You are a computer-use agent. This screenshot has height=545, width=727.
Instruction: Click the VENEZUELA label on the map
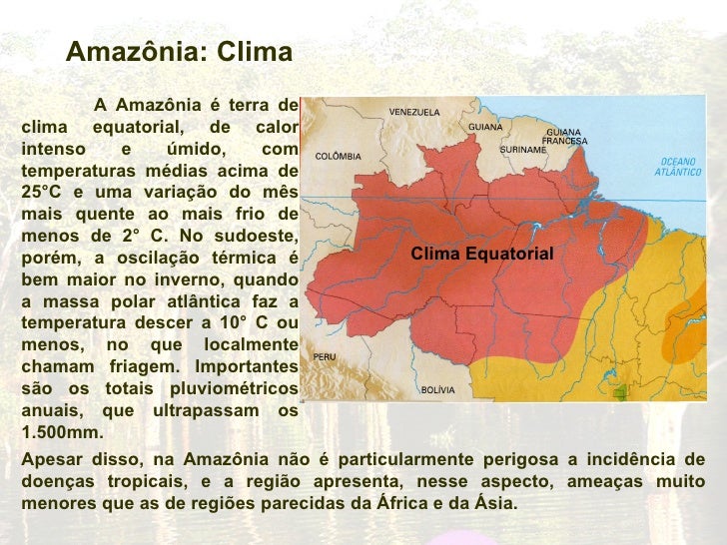point(413,112)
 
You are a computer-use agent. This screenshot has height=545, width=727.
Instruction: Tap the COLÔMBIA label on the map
point(338,157)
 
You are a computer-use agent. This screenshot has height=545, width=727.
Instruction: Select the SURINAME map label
point(523,150)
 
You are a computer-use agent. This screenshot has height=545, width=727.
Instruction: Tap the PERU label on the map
point(324,356)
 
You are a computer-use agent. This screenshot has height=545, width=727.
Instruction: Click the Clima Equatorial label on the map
point(482,255)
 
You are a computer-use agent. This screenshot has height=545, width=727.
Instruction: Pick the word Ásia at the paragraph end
point(493,502)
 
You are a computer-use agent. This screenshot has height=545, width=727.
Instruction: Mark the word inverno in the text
point(188,279)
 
